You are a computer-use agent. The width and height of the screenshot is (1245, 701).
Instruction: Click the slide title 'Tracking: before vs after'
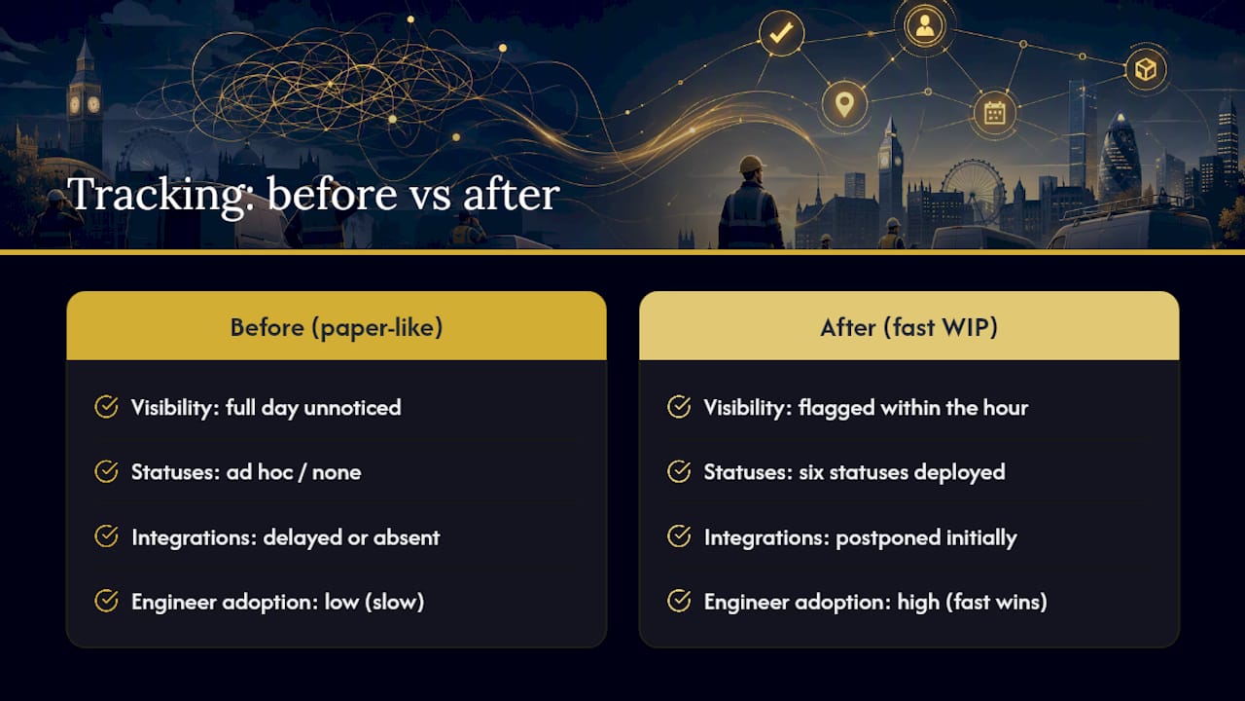pyautogui.click(x=313, y=194)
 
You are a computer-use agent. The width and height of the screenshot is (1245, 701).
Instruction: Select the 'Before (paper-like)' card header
pyautogui.click(x=337, y=326)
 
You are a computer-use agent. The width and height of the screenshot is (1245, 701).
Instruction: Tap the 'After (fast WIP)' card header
pyautogui.click(x=908, y=326)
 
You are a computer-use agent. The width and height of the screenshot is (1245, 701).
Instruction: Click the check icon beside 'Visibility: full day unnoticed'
pyautogui.click(x=106, y=407)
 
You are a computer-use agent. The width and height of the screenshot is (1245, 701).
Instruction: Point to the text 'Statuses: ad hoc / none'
pyautogui.click(x=246, y=472)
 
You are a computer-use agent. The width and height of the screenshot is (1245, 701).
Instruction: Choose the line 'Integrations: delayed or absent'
pyautogui.click(x=286, y=537)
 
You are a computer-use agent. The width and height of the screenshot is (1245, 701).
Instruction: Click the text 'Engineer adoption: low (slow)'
pyautogui.click(x=278, y=602)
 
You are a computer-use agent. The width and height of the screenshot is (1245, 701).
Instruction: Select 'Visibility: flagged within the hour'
pyautogui.click(x=866, y=408)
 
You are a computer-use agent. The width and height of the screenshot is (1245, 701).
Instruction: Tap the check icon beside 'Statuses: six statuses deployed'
pyautogui.click(x=679, y=471)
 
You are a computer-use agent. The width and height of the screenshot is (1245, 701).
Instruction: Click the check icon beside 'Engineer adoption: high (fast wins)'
pyautogui.click(x=679, y=601)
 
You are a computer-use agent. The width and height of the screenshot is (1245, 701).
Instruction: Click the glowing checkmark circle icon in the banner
pyautogui.click(x=781, y=33)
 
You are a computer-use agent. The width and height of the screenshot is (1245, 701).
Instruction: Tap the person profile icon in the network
pyautogui.click(x=924, y=25)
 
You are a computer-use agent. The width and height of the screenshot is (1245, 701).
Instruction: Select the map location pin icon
pyautogui.click(x=844, y=104)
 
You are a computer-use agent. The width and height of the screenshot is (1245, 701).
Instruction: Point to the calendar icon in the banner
pyautogui.click(x=994, y=114)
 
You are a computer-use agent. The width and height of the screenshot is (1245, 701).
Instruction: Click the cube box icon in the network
pyautogui.click(x=1146, y=69)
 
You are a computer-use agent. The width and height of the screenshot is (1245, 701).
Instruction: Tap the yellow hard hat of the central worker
pyautogui.click(x=752, y=164)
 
